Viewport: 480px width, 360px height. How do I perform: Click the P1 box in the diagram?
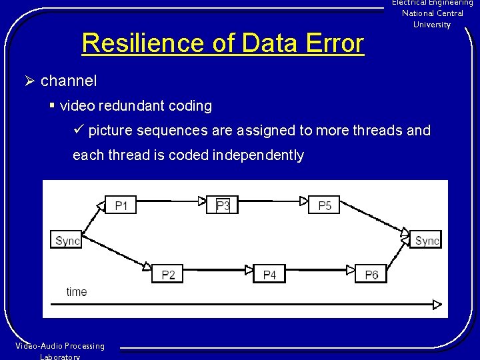121,205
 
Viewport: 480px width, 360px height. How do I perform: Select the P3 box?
223,205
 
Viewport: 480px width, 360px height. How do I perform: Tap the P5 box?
325,205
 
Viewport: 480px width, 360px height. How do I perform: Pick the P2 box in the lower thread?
167,274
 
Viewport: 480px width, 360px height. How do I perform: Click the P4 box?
269,274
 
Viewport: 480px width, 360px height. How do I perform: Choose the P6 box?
371,274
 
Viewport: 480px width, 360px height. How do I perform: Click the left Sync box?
67,240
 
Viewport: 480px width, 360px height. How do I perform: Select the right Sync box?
427,240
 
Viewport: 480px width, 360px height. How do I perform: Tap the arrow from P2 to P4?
218,270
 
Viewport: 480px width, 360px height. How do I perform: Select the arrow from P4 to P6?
320,270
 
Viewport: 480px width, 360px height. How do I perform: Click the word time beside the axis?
77,292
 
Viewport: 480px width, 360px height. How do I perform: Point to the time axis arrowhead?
437,305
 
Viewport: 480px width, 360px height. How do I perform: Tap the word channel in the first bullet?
69,81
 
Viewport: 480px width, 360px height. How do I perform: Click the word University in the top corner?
432,25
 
